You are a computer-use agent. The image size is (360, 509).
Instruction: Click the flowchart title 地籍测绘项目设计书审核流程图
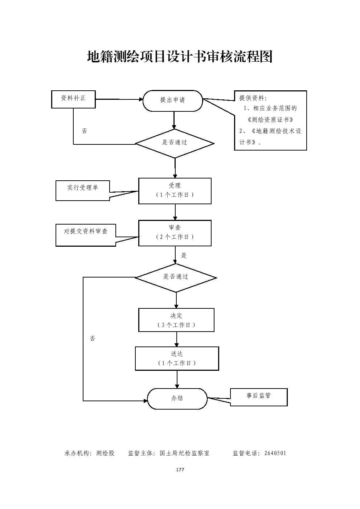coord(180,57)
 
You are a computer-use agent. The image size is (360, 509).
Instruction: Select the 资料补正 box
coord(73,99)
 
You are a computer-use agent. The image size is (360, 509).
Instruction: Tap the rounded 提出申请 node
coord(173,100)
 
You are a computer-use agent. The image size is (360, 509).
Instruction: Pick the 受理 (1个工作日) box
coord(175,191)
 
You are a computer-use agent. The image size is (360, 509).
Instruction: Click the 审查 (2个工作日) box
coord(175,233)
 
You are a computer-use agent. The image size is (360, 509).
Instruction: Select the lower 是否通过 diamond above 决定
coord(176,278)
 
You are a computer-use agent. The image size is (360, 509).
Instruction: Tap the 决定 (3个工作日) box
coord(176,320)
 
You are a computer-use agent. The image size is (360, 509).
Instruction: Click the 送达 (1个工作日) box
coord(177,358)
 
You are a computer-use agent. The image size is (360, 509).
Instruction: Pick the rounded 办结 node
coord(177,399)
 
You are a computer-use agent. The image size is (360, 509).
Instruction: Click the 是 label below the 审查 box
coord(184,256)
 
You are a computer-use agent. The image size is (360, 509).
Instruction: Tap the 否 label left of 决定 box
coord(93,338)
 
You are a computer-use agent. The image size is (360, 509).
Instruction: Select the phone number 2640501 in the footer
coord(275,453)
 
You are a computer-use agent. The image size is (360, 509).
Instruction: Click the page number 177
coord(180,470)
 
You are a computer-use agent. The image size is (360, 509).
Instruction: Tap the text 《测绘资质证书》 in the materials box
coord(270,120)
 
